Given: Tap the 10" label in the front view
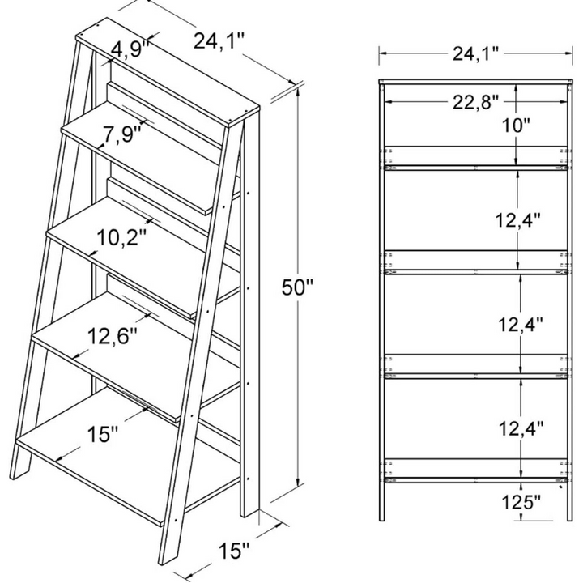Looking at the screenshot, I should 515,126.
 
